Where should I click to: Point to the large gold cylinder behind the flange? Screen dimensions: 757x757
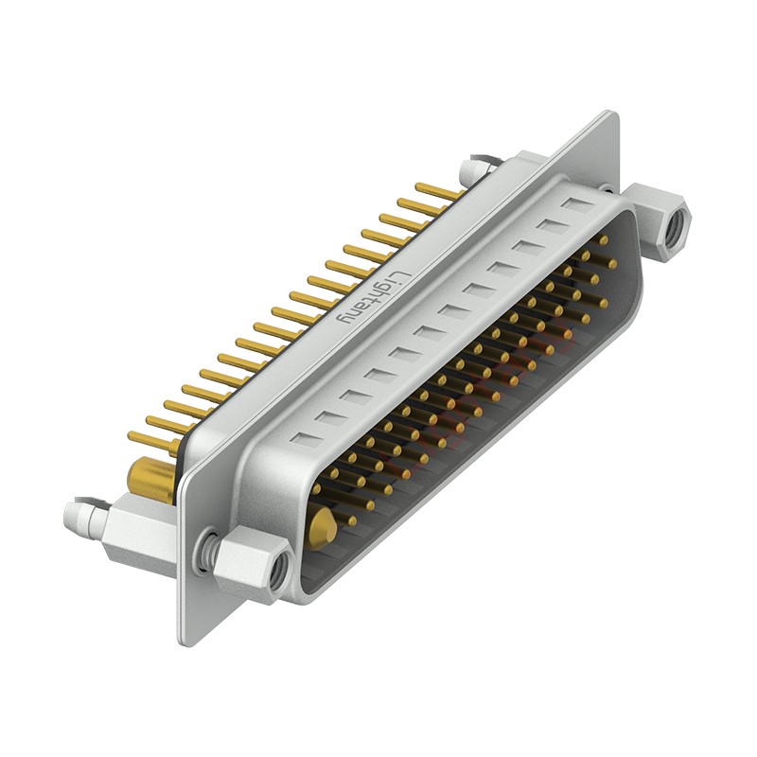[150, 480]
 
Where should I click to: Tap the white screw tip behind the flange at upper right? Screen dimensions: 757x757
[471, 170]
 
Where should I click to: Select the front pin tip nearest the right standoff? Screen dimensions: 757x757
[603, 240]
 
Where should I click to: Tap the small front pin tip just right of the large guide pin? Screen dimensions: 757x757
[352, 519]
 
